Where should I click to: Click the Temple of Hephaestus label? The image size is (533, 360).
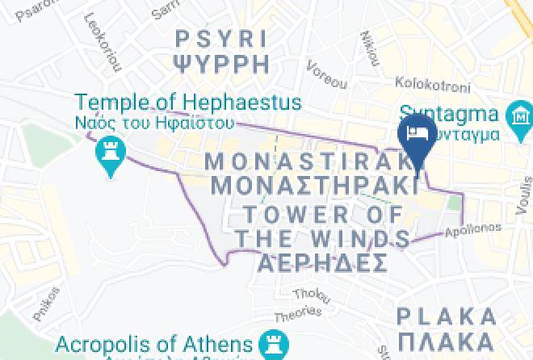click(x=188, y=103)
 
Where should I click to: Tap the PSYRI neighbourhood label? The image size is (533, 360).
click(x=220, y=38)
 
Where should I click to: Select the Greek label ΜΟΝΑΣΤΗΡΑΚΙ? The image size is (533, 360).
click(x=314, y=184)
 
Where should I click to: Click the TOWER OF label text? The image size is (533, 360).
click(x=322, y=215)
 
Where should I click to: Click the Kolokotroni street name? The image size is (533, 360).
click(x=427, y=82)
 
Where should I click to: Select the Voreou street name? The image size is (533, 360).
click(x=326, y=77)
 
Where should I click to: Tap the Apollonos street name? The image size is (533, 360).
click(x=472, y=231)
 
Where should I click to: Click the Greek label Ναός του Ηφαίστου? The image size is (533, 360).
click(x=154, y=123)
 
